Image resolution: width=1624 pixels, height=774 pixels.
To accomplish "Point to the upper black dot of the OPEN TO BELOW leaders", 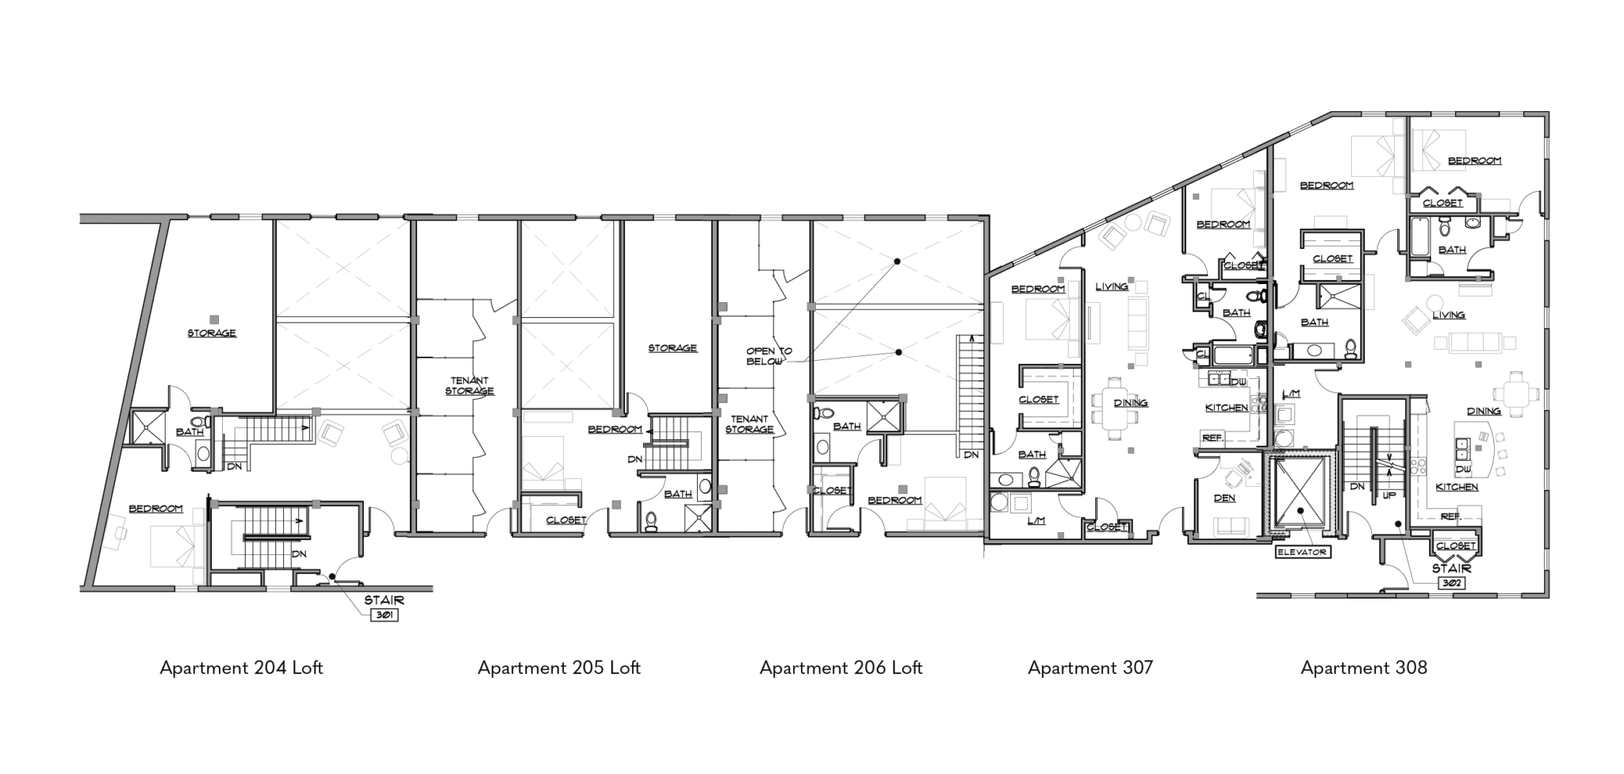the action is click(897, 261).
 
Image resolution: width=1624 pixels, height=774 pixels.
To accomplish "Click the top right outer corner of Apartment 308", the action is click(1549, 113).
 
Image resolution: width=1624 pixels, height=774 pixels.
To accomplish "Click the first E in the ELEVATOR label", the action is click(1281, 552).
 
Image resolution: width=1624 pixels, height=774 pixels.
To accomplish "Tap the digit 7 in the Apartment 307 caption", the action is click(1149, 668).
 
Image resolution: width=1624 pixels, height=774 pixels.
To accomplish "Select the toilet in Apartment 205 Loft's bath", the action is click(652, 521).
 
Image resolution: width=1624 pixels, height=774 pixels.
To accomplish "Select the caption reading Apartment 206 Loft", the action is click(841, 668).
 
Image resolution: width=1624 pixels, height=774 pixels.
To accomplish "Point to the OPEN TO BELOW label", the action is click(768, 356).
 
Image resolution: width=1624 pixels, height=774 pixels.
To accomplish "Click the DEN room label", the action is click(1224, 499).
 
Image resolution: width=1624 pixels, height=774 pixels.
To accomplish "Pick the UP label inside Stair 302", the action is click(1389, 495).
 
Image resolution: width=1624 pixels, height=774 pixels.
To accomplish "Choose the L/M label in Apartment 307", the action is click(1036, 521).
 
